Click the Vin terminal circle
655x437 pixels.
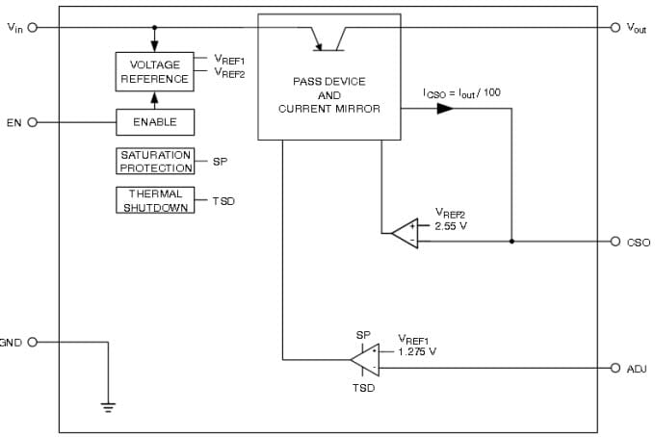(x=33, y=27)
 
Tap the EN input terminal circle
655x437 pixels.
(x=33, y=122)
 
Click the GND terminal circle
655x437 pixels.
(x=33, y=342)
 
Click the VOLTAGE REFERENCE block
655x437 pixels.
(x=154, y=72)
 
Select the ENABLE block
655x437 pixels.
(x=154, y=122)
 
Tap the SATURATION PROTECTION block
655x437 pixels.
(x=155, y=162)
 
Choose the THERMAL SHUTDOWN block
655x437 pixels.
(x=154, y=200)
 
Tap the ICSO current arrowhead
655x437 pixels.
(x=444, y=109)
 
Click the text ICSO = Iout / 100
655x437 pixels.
(x=461, y=92)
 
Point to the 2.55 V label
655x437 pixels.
(x=450, y=226)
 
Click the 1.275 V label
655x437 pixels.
(x=416, y=351)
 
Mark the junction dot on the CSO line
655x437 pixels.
(x=511, y=242)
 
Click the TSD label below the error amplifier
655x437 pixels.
(x=363, y=388)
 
